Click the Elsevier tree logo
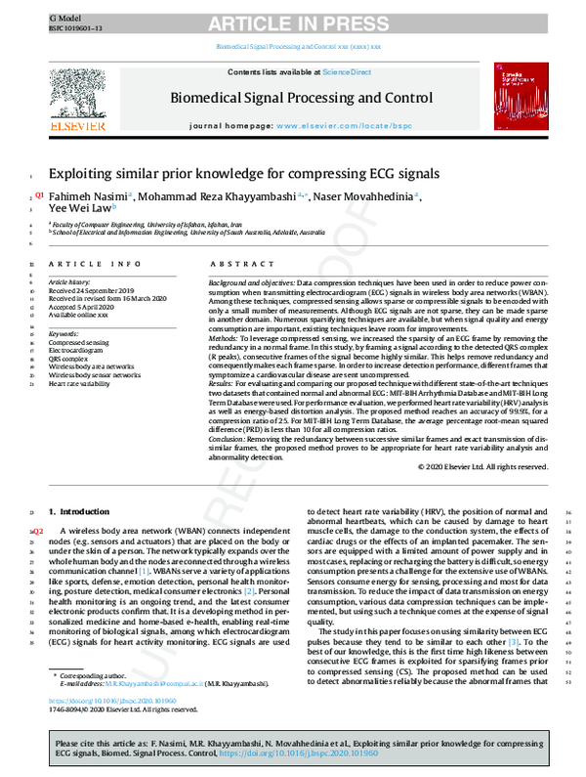click(77, 101)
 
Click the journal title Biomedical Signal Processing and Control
click(301, 98)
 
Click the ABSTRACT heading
click(236, 265)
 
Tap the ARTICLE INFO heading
click(88, 265)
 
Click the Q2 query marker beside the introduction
click(39, 529)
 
